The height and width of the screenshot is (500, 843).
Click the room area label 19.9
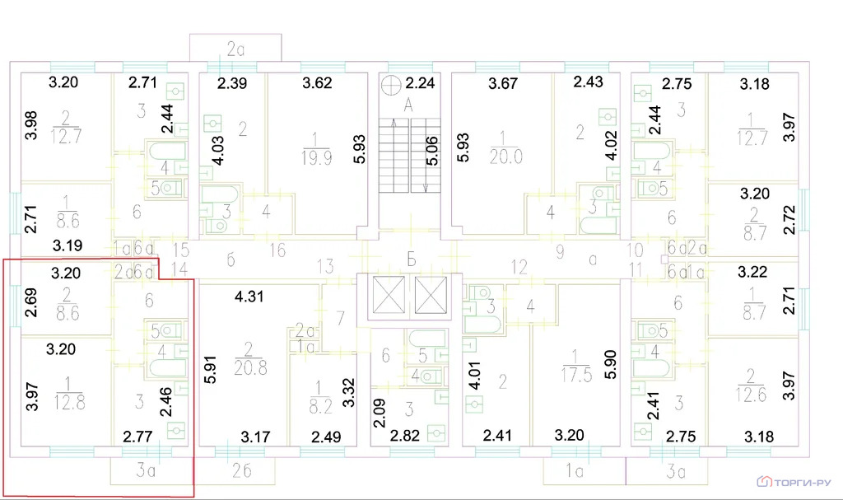315,158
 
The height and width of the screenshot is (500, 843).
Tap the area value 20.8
250,368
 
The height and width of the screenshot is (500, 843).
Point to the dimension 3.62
317,82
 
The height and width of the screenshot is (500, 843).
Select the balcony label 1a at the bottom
575,472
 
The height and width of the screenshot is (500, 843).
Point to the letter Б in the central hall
410,261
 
